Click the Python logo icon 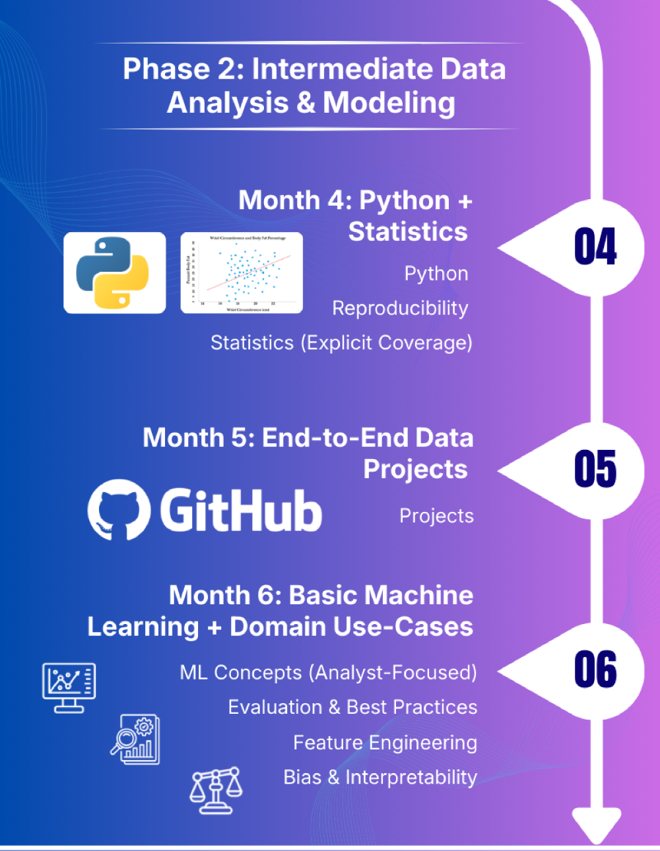(x=114, y=272)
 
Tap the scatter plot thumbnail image (x=242, y=272)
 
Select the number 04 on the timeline (x=595, y=247)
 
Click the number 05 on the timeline (x=595, y=470)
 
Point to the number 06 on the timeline (x=595, y=670)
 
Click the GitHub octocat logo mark (x=116, y=509)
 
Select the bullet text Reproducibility (x=400, y=308)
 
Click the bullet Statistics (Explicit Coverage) (x=341, y=343)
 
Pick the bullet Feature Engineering (x=385, y=743)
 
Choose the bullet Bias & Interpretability (x=379, y=778)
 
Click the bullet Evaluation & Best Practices (x=352, y=707)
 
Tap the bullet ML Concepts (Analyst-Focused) (x=328, y=673)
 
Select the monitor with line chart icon (x=69, y=687)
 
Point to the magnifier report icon (x=135, y=739)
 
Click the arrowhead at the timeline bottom (x=596, y=825)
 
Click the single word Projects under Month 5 (x=436, y=516)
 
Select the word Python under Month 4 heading (x=436, y=274)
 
